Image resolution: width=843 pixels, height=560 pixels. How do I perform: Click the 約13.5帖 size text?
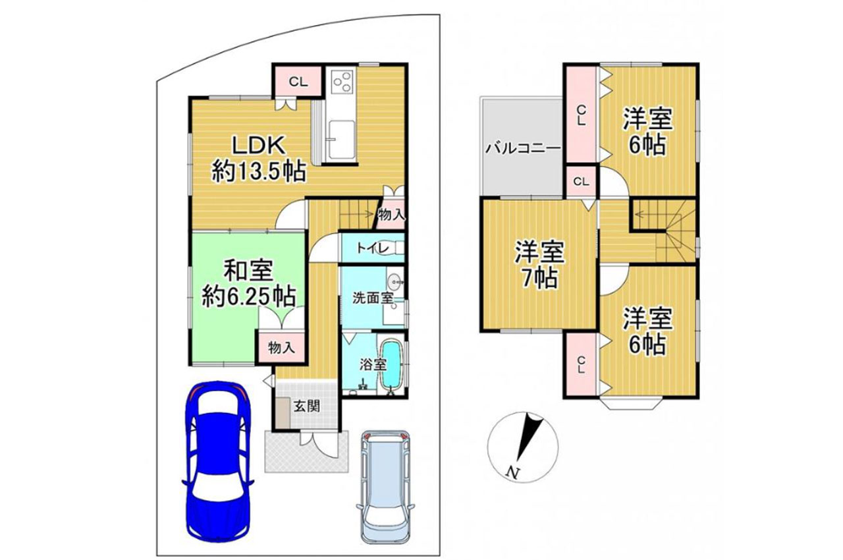coord(258,172)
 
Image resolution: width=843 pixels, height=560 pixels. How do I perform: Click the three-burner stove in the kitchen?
coord(342,82)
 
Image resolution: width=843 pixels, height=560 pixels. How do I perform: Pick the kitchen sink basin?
coord(341,140)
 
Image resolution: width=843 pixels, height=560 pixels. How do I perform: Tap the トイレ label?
coord(373,248)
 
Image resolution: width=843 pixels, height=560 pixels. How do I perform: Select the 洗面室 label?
coord(373,298)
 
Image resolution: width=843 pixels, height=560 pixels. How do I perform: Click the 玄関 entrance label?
coord(307,406)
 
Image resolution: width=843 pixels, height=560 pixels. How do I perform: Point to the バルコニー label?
coord(523,148)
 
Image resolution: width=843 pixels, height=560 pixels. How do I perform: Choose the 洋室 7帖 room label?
coord(539,266)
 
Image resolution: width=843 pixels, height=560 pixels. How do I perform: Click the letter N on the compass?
coord(512,472)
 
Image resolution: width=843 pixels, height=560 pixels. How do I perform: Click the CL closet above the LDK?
coord(298,82)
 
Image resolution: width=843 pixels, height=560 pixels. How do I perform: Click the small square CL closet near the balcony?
coord(581,182)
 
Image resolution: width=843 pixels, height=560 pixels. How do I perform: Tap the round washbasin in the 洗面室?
coord(394,281)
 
